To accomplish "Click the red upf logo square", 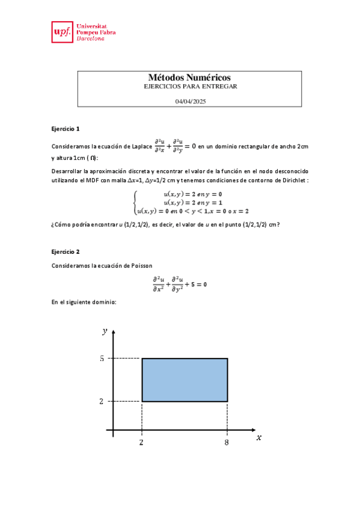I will [x=62, y=32].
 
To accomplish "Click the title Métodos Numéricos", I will [x=189, y=78].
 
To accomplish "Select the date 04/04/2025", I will [x=190, y=102].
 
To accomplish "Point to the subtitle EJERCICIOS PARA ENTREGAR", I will [x=191, y=87].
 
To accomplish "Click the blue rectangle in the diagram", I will [x=185, y=379].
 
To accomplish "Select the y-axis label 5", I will [x=102, y=358].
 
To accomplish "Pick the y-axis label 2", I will [x=102, y=401].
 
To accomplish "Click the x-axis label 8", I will [x=227, y=443].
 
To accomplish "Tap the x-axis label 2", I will [x=141, y=443].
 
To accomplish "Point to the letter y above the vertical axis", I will [x=105, y=330].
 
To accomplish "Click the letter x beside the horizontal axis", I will [x=258, y=438].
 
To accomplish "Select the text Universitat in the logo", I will [x=93, y=26].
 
